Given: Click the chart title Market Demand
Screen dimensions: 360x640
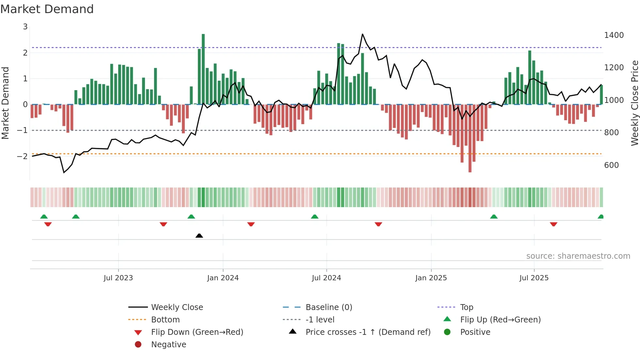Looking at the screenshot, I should tap(47, 9).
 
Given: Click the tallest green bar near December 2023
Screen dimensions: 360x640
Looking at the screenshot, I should tap(203, 69).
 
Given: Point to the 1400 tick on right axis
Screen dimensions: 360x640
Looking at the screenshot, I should tap(614, 35).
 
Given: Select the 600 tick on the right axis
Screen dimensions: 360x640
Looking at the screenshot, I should tap(611, 165).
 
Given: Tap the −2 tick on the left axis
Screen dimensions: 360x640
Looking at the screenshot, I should tap(23, 156).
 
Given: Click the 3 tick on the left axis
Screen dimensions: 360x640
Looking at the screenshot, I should tap(25, 27).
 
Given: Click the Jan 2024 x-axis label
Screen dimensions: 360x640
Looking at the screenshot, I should tap(223, 278).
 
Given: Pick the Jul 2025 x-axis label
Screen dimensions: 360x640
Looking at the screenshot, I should tap(534, 278).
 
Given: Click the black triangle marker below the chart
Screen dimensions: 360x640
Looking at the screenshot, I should tap(199, 236).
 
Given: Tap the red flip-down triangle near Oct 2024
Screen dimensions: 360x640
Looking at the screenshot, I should tap(378, 224).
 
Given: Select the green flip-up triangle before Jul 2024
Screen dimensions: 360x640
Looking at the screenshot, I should tap(314, 217).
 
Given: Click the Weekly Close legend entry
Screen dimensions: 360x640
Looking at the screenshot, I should tap(177, 307).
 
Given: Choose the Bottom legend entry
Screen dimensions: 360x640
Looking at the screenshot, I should tap(165, 320).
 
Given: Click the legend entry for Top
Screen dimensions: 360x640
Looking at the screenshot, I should tap(466, 307).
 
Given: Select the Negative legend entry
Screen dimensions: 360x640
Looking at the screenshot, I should tap(168, 345).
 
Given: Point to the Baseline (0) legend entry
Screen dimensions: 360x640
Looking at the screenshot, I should tap(328, 307).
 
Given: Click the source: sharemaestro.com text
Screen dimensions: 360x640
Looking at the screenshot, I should tap(578, 256).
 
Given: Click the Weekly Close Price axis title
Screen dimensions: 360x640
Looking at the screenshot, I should tap(634, 103).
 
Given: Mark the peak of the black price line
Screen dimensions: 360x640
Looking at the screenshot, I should tap(362, 34).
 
